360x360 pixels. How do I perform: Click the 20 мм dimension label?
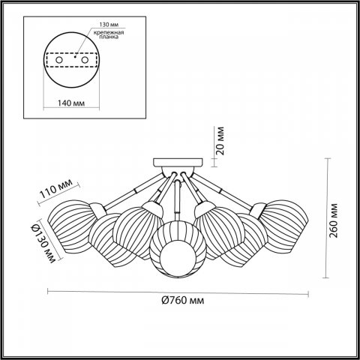[219, 139]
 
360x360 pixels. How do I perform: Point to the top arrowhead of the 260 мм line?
[331, 160]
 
